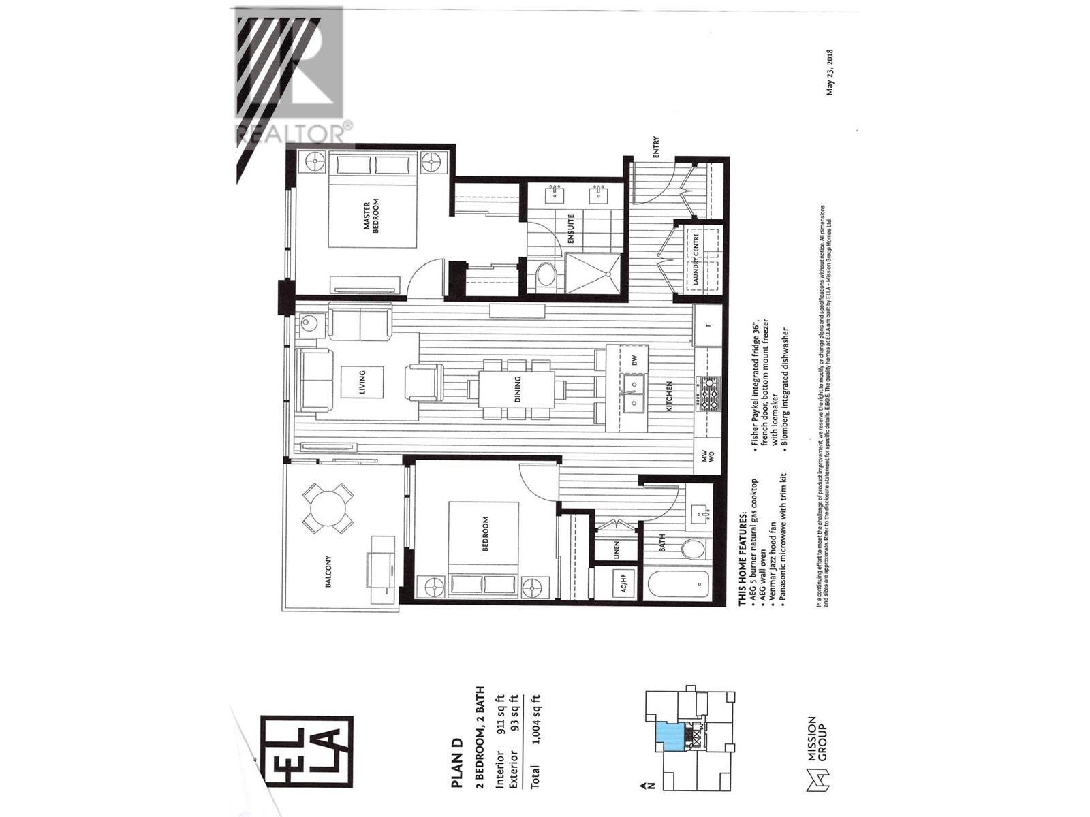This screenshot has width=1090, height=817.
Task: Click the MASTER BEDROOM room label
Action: (x=371, y=217)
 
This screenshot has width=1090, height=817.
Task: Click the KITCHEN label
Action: (x=669, y=395)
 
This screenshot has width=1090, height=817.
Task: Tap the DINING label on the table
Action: (x=518, y=390)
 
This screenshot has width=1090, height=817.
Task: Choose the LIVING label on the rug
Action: (x=362, y=383)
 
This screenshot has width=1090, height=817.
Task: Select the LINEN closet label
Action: (x=617, y=549)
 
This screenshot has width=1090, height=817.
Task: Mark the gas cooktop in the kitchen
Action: (x=708, y=394)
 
